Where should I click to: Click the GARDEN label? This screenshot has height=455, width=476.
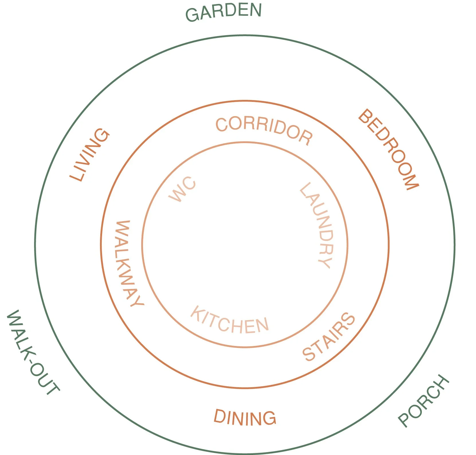pyautogui.click(x=224, y=12)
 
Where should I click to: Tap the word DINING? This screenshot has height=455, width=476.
pyautogui.click(x=245, y=418)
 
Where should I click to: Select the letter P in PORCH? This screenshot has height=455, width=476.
pyautogui.click(x=405, y=420)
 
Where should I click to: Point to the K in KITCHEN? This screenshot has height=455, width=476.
pyautogui.click(x=197, y=313)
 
